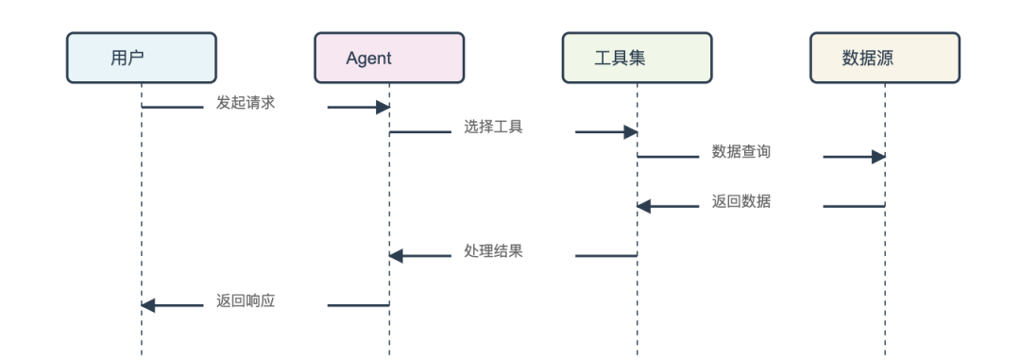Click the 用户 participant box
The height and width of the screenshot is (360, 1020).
click(142, 58)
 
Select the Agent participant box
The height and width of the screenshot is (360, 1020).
click(389, 58)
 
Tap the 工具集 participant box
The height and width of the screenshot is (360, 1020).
click(637, 58)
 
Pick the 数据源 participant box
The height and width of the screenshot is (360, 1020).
click(885, 58)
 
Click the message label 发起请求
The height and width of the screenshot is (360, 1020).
click(246, 103)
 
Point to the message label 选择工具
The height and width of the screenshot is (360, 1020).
click(493, 128)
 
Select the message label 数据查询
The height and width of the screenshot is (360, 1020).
click(741, 152)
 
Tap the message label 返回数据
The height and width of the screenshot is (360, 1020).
click(741, 201)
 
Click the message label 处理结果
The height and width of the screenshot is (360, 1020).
click(493, 251)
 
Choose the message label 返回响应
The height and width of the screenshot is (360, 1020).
click(246, 300)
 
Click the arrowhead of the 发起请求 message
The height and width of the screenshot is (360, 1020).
click(382, 108)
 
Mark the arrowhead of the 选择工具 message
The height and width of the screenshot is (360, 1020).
click(630, 132)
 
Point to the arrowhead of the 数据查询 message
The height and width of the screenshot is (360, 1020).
click(878, 157)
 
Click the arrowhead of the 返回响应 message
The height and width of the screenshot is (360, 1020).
click(148, 305)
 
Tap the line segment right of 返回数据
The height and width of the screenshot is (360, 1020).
click(854, 206)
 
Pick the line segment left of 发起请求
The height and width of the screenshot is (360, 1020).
click(172, 108)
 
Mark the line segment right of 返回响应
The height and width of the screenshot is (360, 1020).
click(358, 305)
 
